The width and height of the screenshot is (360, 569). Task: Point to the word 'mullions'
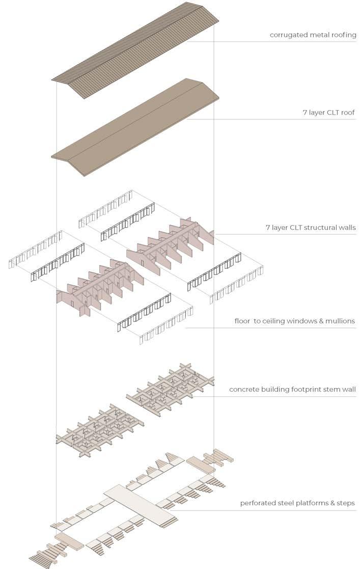pyautogui.click(x=340, y=321)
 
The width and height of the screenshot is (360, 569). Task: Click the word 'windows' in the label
pyautogui.click(x=292, y=321)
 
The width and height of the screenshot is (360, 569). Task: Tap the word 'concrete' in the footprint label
pyautogui.click(x=244, y=390)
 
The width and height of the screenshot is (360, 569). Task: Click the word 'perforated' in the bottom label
pyautogui.click(x=257, y=503)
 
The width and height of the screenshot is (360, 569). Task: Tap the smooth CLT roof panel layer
pyautogui.click(x=135, y=127)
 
